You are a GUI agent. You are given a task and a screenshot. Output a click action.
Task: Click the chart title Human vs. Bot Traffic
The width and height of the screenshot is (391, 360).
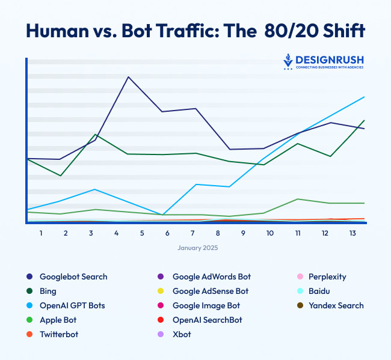(x=195, y=31)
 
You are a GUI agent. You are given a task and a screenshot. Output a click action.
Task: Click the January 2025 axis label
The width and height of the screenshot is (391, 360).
(x=197, y=248)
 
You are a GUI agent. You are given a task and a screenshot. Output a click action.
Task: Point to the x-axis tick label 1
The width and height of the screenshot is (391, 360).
(x=41, y=233)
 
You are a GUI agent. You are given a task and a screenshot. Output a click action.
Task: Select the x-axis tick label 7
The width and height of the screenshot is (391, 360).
(x=193, y=233)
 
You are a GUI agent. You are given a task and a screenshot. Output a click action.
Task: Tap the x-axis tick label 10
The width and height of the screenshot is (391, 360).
(x=269, y=233)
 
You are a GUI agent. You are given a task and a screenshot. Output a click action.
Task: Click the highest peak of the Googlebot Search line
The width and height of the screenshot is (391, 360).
(x=128, y=77)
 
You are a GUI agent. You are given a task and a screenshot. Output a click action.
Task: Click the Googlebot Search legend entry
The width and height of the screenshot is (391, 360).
(x=73, y=277)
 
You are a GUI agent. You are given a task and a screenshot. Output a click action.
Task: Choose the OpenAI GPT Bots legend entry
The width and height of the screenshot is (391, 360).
(x=72, y=306)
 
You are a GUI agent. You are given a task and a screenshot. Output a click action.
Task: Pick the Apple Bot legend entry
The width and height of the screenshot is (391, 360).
(x=57, y=320)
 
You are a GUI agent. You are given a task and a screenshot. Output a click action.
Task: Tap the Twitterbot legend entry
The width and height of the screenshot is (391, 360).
(x=58, y=335)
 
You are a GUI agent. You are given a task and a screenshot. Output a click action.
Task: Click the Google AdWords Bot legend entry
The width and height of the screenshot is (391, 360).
(x=211, y=277)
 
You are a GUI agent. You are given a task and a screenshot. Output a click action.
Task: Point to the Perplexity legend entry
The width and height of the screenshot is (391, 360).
(x=327, y=277)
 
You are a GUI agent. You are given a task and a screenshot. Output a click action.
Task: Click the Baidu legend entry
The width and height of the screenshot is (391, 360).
(x=319, y=291)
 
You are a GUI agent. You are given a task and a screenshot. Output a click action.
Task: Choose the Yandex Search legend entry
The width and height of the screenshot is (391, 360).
(x=336, y=306)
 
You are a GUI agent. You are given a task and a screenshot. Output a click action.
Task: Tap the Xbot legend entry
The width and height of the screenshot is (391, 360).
(x=181, y=335)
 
